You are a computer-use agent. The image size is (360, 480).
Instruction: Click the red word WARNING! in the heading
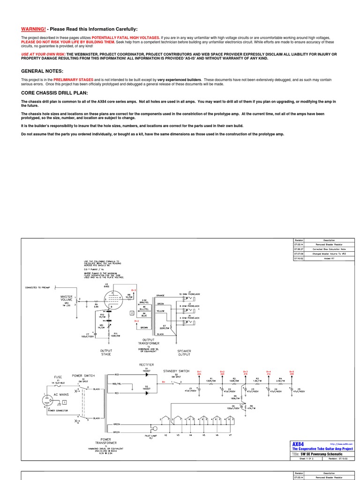click(33, 29)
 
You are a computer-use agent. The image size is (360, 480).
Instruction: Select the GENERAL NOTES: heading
click(42, 71)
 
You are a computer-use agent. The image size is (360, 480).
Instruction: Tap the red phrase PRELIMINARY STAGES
click(73, 80)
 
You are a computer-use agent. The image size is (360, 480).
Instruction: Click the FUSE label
click(58, 377)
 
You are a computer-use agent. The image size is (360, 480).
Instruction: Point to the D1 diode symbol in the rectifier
click(146, 375)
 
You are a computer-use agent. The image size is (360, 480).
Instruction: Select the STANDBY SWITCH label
click(176, 371)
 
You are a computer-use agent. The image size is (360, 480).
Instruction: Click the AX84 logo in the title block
click(298, 444)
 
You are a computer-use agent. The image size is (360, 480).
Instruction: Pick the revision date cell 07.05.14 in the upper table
click(299, 244)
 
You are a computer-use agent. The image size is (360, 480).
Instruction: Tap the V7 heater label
click(230, 435)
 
